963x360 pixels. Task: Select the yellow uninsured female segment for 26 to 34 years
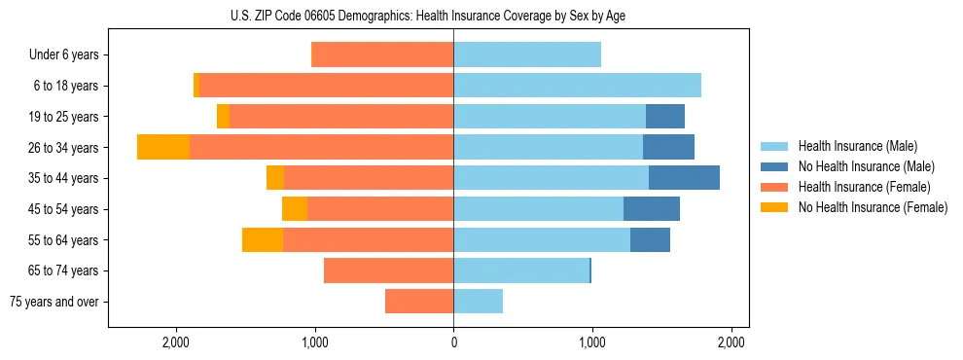pyautogui.click(x=163, y=147)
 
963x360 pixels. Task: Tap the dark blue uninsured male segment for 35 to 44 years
pyautogui.click(x=684, y=178)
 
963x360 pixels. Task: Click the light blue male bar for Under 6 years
pyautogui.click(x=527, y=54)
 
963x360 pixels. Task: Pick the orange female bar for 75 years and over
pyautogui.click(x=419, y=302)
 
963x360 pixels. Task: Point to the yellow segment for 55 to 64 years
pyautogui.click(x=263, y=239)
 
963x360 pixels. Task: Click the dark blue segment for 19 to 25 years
pyautogui.click(x=665, y=117)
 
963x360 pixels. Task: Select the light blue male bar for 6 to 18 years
pyautogui.click(x=577, y=86)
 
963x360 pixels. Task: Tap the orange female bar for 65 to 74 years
pyautogui.click(x=389, y=270)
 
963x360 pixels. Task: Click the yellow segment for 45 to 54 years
pyautogui.click(x=295, y=209)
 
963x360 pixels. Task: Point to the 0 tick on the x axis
pyautogui.click(x=453, y=342)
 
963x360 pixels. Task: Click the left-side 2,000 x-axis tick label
pyautogui.click(x=176, y=342)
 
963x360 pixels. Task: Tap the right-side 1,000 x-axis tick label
pyautogui.click(x=592, y=342)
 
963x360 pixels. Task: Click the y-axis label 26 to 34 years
pyautogui.click(x=64, y=148)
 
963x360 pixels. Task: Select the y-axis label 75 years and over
pyautogui.click(x=54, y=302)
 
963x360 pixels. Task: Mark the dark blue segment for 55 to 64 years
pyautogui.click(x=650, y=239)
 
